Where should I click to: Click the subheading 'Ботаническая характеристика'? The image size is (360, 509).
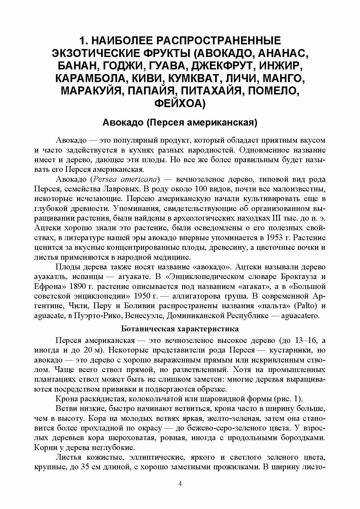[x=180, y=329]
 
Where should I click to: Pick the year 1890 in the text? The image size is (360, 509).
[x=80, y=286]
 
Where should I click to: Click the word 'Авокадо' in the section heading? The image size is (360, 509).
[x=123, y=123]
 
